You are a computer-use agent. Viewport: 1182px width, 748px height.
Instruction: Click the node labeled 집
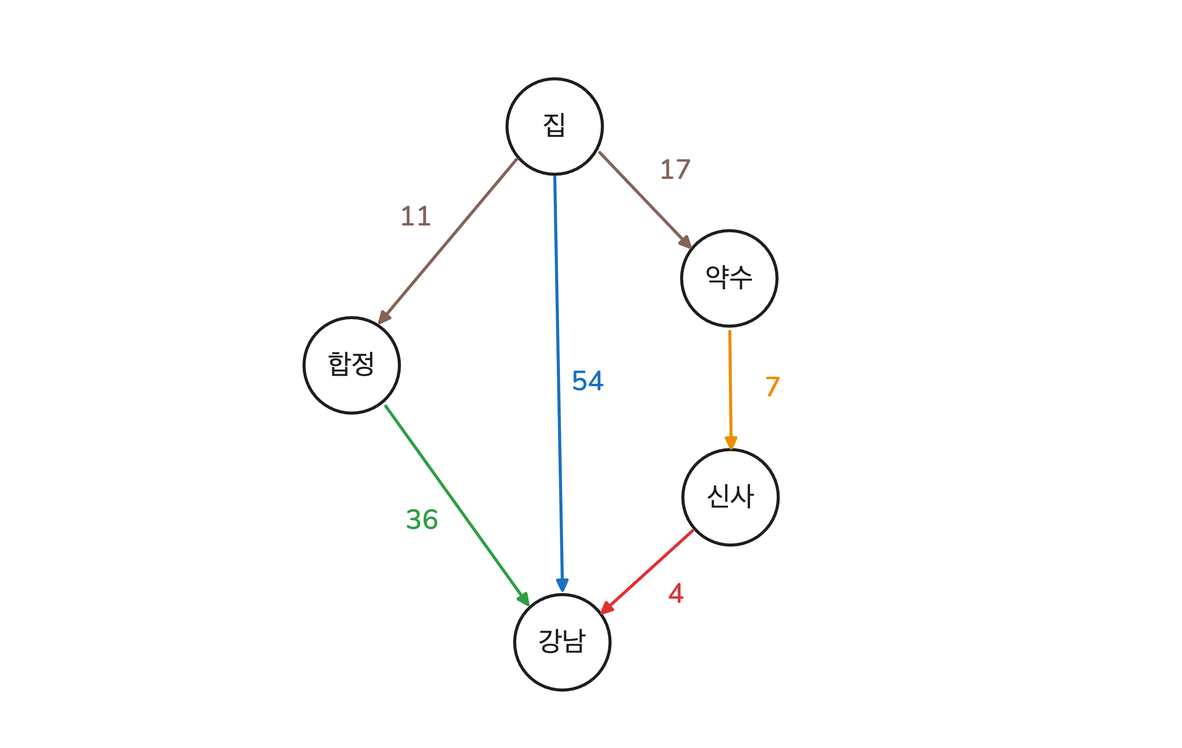tap(554, 126)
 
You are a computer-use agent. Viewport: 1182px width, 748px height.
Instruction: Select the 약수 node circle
tap(729, 278)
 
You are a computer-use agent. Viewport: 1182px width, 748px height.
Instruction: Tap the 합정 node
tap(351, 365)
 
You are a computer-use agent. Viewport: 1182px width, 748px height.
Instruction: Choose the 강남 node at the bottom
tap(562, 642)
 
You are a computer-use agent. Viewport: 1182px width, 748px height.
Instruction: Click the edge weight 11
tap(416, 216)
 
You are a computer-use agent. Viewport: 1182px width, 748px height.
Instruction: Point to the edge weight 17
tap(676, 169)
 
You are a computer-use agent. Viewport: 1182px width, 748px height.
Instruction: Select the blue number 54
tap(588, 381)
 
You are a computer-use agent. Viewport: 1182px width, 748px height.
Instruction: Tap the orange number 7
tap(773, 386)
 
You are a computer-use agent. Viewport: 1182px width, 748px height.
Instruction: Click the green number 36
tap(422, 519)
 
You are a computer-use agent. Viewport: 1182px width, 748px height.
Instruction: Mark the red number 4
tap(676, 593)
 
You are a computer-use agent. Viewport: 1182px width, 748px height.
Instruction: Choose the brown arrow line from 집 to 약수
tap(640, 195)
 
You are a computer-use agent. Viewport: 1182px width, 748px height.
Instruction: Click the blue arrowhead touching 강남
tap(562, 584)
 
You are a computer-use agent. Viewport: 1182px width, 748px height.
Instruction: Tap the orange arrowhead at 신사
tap(731, 442)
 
